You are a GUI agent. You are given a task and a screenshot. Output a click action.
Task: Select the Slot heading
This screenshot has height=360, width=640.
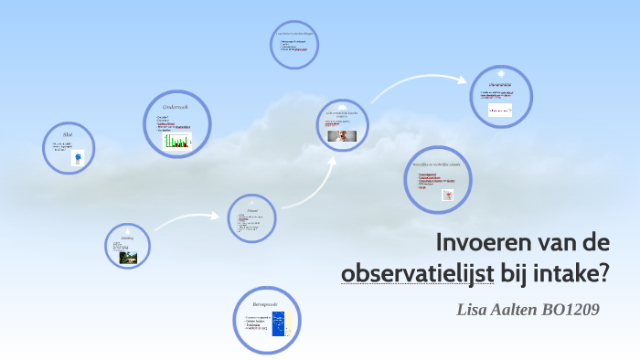(x=69, y=134)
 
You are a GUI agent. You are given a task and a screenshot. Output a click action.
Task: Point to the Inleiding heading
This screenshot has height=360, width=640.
(x=127, y=238)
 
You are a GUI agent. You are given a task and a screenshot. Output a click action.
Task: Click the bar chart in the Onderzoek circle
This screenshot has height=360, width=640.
(x=177, y=141)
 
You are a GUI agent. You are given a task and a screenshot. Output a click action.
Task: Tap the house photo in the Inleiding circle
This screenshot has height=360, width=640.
(x=129, y=257)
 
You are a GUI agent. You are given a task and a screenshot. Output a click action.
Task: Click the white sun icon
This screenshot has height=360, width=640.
(x=501, y=73)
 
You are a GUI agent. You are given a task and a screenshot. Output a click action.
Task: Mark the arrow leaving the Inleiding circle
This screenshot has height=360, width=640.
(x=187, y=220)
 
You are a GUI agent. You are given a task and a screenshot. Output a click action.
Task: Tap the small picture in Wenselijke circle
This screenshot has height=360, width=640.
(x=449, y=195)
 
